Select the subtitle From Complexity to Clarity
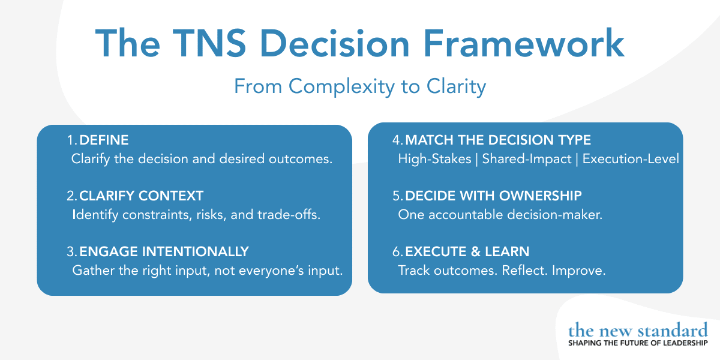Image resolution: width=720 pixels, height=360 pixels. [359, 86]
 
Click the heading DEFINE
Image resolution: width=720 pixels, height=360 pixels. [104, 140]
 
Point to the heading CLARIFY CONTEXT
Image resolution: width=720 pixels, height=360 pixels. [141, 196]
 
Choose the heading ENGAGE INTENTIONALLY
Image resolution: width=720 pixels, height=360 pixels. [164, 251]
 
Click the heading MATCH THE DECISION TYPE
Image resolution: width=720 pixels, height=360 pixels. [498, 140]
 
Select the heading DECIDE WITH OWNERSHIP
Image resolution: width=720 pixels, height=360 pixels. [493, 196]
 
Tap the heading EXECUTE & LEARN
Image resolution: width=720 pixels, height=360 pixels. [467, 251]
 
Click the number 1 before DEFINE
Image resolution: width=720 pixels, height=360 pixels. [71, 140]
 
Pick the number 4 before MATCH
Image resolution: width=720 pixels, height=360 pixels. [397, 140]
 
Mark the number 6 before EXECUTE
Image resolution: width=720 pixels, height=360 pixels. [397, 251]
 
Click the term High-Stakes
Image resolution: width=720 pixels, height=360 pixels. [434, 160]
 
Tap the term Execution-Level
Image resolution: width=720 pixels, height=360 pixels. [631, 160]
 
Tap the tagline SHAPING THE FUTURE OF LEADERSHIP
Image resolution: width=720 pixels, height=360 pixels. [638, 343]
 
